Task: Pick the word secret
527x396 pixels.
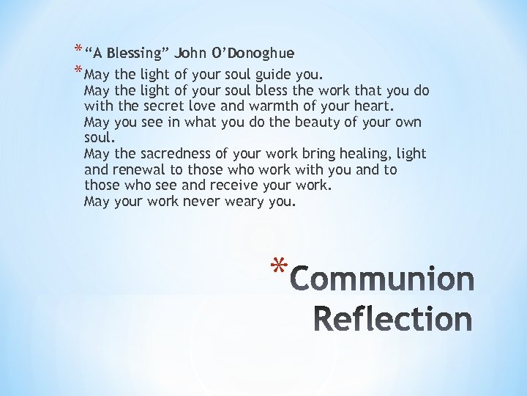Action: click(160, 106)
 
